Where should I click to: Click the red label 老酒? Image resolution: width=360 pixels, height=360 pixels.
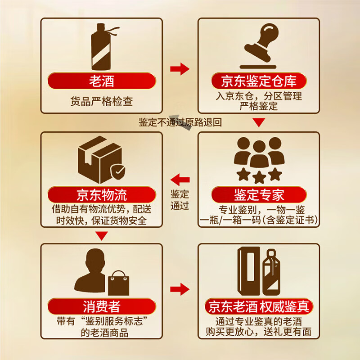pyautogui.click(x=101, y=81)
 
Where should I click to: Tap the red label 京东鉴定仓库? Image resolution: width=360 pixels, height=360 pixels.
pyautogui.click(x=259, y=81)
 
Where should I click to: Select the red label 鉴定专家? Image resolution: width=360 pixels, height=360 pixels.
pyautogui.click(x=259, y=195)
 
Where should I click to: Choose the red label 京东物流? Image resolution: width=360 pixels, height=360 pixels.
pyautogui.click(x=101, y=195)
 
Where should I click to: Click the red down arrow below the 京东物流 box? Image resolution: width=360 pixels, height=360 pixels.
pyautogui.click(x=102, y=235)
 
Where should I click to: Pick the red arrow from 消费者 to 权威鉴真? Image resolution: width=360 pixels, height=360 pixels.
pyautogui.click(x=180, y=288)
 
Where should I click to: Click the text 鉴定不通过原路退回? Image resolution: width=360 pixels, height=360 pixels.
pyautogui.click(x=180, y=122)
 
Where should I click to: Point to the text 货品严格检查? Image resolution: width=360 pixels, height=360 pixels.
pyautogui.click(x=102, y=101)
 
